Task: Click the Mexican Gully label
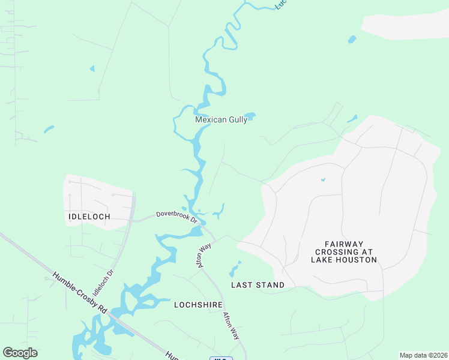tap(221, 120)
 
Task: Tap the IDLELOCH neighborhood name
tap(90, 215)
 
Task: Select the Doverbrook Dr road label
tap(177, 216)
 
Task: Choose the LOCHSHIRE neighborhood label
tap(198, 305)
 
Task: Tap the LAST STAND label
tap(258, 285)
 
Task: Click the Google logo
tap(20, 353)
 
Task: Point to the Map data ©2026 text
tap(423, 355)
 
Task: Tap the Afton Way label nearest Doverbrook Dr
tap(206, 255)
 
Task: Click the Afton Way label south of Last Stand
tap(231, 326)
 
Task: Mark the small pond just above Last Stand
tap(235, 269)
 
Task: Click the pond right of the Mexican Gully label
tap(250, 116)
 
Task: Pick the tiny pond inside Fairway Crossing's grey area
tap(323, 179)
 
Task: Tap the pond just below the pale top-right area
tap(352, 40)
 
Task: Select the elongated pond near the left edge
tap(49, 129)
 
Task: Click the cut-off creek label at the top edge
tap(281, 5)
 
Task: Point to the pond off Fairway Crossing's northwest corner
tap(352, 119)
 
